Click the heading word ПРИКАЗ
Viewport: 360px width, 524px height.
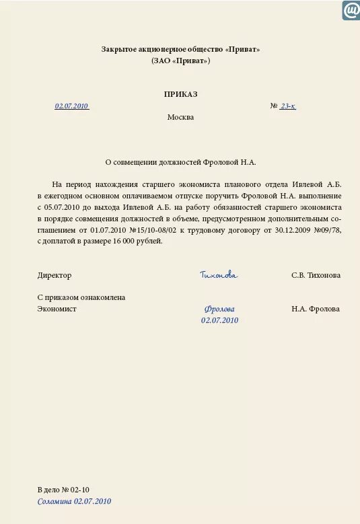pyautogui.click(x=180, y=94)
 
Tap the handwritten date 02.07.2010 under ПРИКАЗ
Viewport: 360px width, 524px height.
pyautogui.click(x=72, y=106)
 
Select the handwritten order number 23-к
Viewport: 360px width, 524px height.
pyautogui.click(x=287, y=106)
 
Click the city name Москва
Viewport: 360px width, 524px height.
pyautogui.click(x=180, y=117)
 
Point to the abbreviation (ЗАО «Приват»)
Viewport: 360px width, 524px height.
pyautogui.click(x=180, y=61)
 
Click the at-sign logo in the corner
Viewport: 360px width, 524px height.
pyautogui.click(x=351, y=10)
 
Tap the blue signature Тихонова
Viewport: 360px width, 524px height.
pyautogui.click(x=219, y=275)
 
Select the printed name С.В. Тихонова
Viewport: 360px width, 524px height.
pyautogui.click(x=316, y=275)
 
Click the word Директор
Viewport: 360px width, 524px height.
pyautogui.click(x=55, y=275)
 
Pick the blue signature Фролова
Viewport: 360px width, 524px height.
pyautogui.click(x=219, y=309)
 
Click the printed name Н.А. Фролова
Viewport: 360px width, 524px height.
pyautogui.click(x=316, y=309)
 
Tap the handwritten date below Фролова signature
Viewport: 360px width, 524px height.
pyautogui.click(x=219, y=320)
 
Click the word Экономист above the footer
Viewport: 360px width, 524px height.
pyautogui.click(x=57, y=309)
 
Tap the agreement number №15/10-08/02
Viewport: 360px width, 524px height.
pyautogui.click(x=152, y=230)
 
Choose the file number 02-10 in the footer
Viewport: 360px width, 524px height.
pyautogui.click(x=80, y=490)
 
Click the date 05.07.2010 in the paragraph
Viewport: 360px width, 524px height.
pyautogui.click(x=64, y=209)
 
